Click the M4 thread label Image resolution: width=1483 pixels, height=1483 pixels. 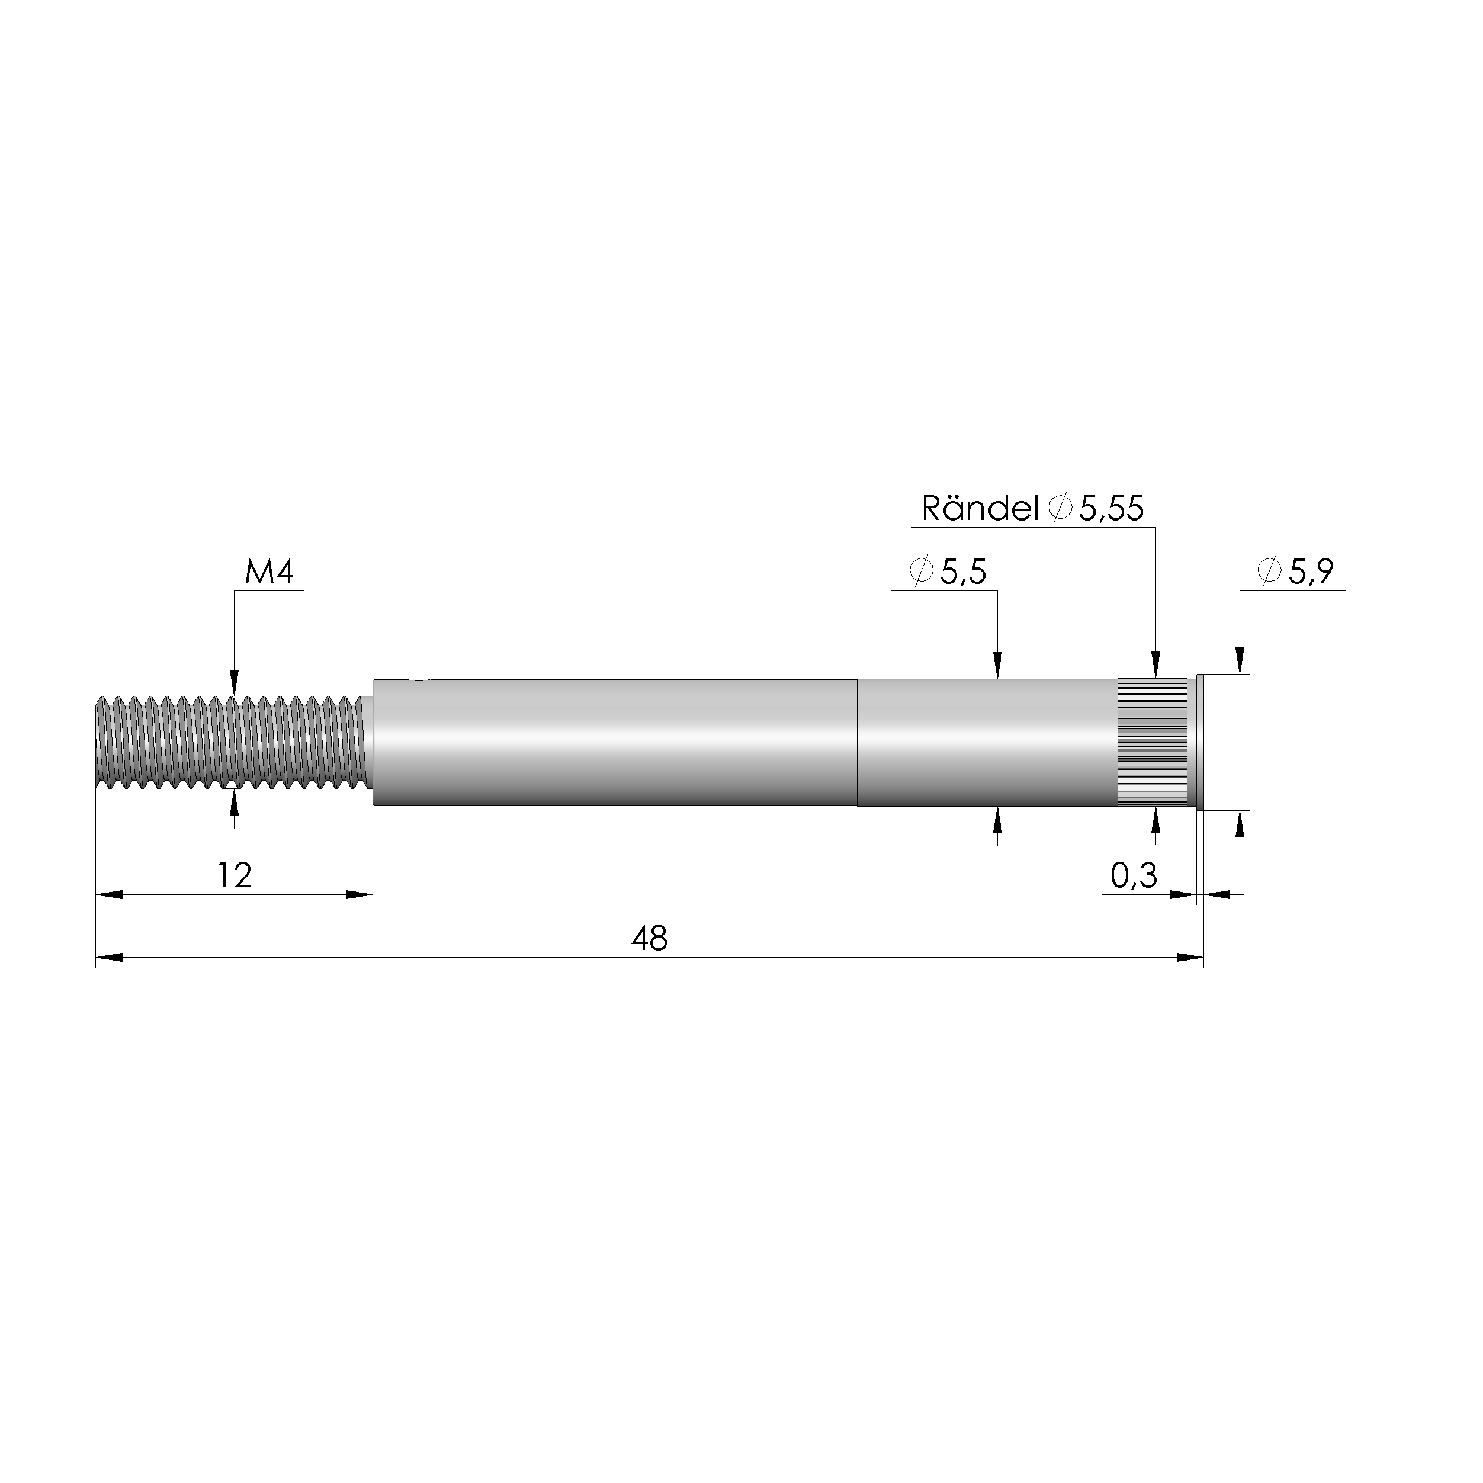tap(269, 573)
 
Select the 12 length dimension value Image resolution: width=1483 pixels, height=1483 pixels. tap(234, 876)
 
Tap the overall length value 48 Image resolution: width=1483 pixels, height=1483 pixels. tap(649, 939)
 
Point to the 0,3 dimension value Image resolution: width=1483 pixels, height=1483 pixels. tap(1134, 876)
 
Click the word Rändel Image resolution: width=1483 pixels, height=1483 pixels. tap(980, 508)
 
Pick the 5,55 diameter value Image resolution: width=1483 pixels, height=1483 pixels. tap(1112, 509)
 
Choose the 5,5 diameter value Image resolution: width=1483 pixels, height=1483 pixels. tap(964, 573)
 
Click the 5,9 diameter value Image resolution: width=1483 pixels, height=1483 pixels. tap(1311, 572)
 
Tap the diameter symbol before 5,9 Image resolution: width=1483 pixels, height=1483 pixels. tap(1270, 570)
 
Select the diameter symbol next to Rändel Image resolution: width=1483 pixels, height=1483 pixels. tap(1060, 508)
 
